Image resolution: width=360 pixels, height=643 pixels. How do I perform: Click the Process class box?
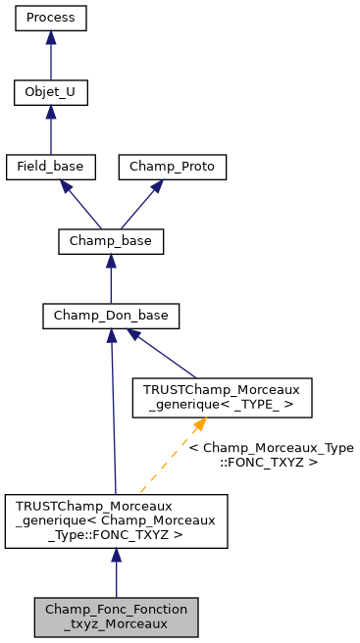coord(50,19)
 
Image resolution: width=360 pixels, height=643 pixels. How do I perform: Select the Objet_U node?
coord(50,93)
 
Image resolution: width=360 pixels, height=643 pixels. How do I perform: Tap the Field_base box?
coord(50,167)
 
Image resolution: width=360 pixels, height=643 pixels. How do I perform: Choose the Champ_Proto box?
coord(173,167)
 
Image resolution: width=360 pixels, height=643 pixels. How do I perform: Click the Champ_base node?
coord(111,241)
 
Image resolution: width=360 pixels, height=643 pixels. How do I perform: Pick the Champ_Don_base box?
coord(111,316)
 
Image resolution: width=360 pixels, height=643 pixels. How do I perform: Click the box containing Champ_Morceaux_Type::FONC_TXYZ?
coord(116,520)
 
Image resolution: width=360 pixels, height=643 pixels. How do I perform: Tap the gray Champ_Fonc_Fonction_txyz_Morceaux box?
coord(116,616)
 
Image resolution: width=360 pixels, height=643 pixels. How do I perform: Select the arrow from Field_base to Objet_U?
coord(50,132)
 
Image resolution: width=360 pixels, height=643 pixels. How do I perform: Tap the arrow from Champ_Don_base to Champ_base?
coord(111,280)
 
